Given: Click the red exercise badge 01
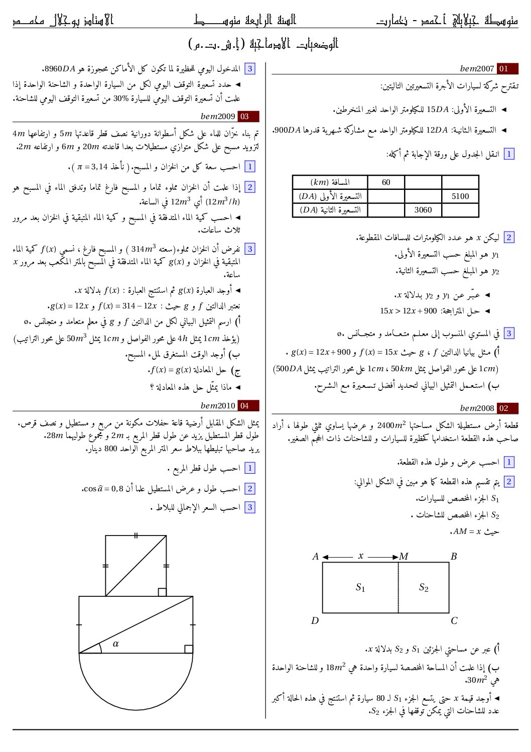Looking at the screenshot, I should pos(507,69).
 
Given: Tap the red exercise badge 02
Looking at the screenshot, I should pos(507,408).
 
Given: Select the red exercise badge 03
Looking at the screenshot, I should pos(248,117).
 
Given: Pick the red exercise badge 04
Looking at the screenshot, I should pos(248,405).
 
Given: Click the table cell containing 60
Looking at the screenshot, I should pos(385,182).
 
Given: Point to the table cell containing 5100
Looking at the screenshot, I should pos(460,196).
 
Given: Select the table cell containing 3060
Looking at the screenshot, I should pos(423,210).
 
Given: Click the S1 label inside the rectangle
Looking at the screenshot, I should pos(360,587).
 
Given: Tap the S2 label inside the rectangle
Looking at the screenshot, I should pos(424,587).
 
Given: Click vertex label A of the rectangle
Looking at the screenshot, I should pos(315,557).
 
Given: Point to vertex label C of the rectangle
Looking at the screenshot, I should pos(454,621).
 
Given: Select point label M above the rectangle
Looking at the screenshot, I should pos(404,557).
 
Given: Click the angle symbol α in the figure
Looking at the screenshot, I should pos(116,643).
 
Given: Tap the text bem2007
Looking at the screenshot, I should pos(477,69).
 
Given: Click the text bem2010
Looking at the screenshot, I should pos(218,405).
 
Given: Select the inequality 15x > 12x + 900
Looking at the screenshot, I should pos(409,311).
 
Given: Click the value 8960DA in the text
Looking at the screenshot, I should pos(60,69).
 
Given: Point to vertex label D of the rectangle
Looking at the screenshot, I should pos(315,621).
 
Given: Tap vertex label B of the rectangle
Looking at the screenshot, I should pos(454,557).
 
